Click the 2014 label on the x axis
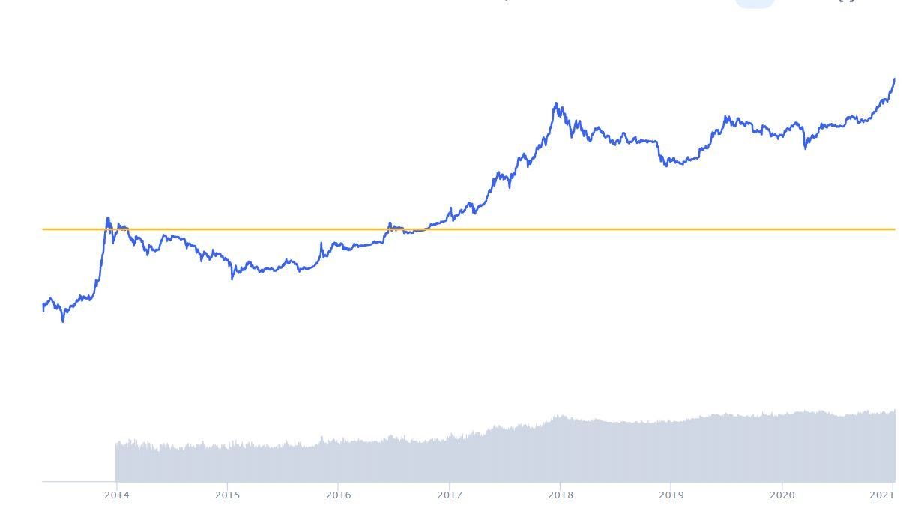coord(116,495)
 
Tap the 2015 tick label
coord(227,495)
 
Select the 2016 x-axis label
coord(338,495)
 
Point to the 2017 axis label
coord(450,495)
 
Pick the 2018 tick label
coord(561,495)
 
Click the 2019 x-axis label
coord(671,495)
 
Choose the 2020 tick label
coord(782,495)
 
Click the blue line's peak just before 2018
coord(556,103)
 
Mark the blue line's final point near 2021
coord(894,79)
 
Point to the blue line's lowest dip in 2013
coord(63,321)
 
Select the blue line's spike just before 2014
coord(108,218)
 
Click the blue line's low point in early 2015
coord(232,278)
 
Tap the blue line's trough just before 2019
coord(666,166)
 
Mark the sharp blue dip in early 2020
coord(806,148)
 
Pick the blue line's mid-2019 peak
coord(725,117)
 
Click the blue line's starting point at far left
coord(43,307)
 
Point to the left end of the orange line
coord(43,229)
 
